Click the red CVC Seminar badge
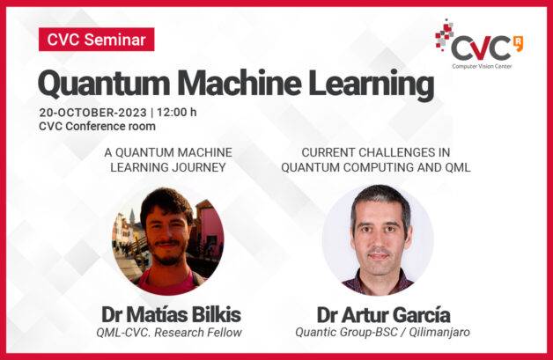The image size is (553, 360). pos(96,39)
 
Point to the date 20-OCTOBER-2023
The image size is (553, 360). pos(92,113)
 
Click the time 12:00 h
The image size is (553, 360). pos(177,112)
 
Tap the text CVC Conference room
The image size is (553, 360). pos(98,126)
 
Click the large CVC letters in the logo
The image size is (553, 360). pos(481,48)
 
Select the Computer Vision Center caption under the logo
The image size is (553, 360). pos(482,66)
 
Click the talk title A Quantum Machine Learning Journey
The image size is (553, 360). pos(168,159)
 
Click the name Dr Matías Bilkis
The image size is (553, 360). pos(172,314)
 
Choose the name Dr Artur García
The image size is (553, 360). pos(383,314)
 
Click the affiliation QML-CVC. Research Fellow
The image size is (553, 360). pos(169,332)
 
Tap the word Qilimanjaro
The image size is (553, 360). pos(439,332)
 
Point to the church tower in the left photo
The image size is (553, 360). pos(132,218)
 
